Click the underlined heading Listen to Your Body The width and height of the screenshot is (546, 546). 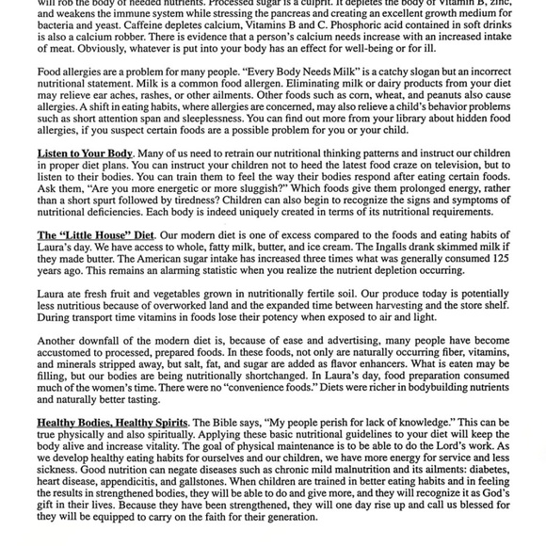tap(85, 153)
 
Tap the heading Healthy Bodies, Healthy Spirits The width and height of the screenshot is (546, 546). tap(112, 423)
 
